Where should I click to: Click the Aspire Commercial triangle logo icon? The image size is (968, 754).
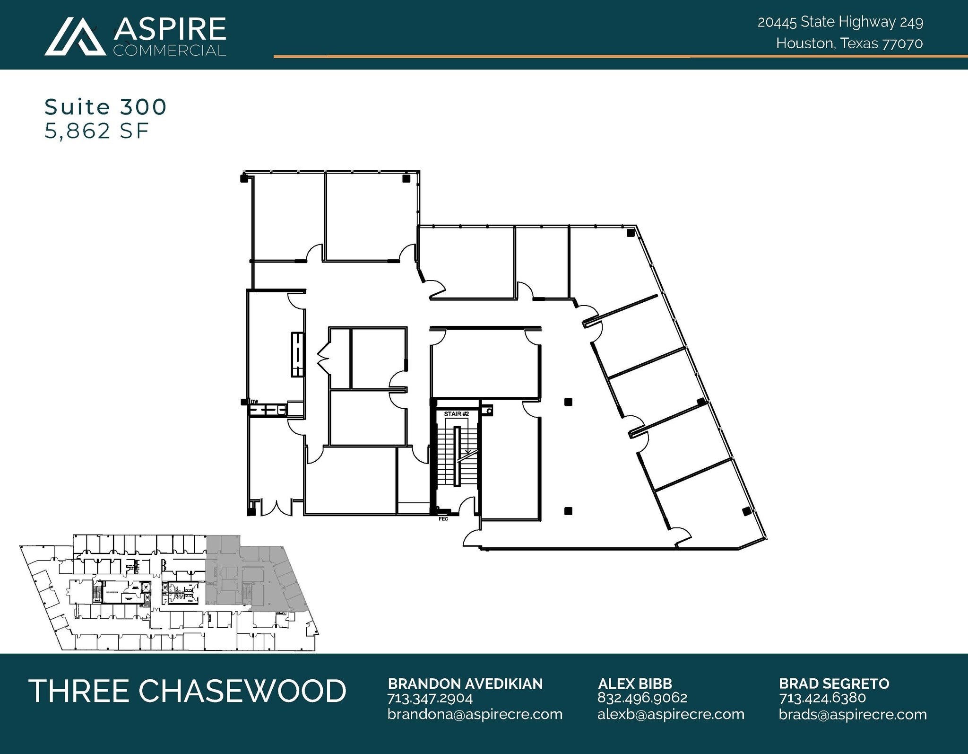(75, 37)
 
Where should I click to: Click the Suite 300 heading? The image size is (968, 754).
(105, 107)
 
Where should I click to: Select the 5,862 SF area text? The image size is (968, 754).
(97, 131)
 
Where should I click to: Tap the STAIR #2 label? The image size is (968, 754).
(456, 414)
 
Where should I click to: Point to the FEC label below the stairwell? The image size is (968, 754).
(443, 519)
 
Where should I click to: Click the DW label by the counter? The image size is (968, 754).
(254, 402)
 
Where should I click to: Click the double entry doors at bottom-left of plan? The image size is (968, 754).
(277, 507)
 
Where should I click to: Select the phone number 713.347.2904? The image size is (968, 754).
(430, 698)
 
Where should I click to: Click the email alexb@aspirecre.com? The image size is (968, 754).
(670, 714)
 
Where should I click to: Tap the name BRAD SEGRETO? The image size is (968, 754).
(834, 684)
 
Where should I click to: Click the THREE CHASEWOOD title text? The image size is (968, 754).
(188, 691)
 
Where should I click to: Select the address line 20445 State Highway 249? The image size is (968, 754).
(840, 22)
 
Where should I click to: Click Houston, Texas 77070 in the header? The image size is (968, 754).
(849, 44)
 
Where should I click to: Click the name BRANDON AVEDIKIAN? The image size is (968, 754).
(465, 684)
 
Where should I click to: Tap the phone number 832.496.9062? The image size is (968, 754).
(642, 698)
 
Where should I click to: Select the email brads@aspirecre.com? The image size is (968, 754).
(852, 714)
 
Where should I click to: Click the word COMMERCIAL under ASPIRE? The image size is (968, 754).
(169, 51)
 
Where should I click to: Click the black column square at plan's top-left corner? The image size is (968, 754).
(244, 178)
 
